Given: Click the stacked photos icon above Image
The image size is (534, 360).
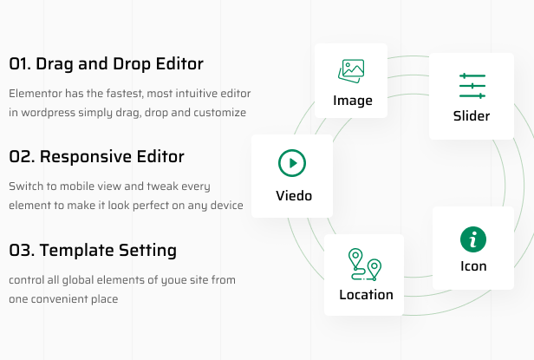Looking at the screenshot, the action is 351,71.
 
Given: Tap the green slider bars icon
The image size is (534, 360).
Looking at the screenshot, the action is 472,86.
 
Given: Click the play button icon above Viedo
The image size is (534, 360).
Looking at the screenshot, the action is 292,163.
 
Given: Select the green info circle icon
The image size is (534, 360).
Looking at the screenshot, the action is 473,239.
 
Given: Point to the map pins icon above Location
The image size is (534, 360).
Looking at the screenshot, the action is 364,265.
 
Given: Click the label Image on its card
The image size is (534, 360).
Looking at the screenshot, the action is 353,101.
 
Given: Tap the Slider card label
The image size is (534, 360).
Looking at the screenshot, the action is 472,116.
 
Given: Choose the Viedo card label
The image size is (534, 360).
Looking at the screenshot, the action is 294,196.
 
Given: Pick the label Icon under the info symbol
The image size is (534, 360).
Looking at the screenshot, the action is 473,266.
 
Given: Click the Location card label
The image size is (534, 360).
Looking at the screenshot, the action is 366,295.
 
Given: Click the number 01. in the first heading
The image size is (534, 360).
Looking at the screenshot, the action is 20,63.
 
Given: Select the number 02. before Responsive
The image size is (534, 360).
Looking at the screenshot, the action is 23,157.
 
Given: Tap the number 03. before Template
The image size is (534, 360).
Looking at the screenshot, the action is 22,250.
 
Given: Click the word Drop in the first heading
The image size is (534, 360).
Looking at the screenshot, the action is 132,64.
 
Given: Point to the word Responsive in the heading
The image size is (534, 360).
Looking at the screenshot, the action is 86,157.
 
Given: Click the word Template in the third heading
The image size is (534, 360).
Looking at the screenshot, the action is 77,251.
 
